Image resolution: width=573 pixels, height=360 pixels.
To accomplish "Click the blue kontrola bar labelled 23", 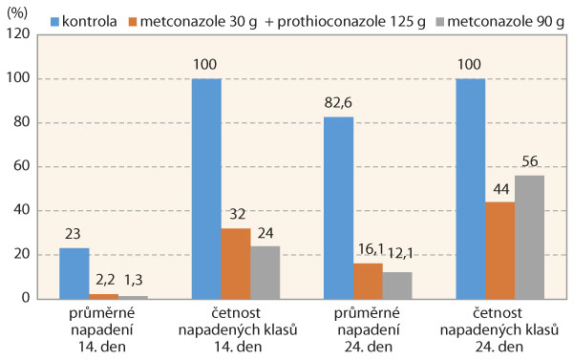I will click(x=74, y=273).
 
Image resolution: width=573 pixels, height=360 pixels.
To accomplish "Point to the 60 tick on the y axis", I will click(x=24, y=166).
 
